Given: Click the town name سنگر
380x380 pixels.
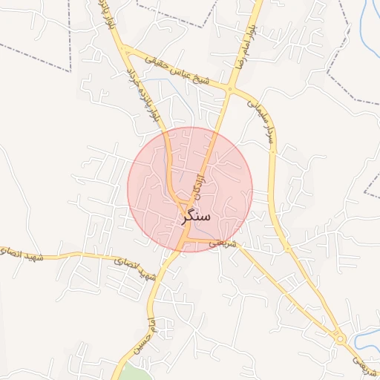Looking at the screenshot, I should pyautogui.click(x=195, y=217).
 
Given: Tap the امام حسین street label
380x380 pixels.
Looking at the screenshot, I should pyautogui.click(x=143, y=334).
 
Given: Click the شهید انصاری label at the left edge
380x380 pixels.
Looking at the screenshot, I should pyautogui.click(x=22, y=255).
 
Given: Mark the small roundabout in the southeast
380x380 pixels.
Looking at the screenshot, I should pyautogui.click(x=340, y=338).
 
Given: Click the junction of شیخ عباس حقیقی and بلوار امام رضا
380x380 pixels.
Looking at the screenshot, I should pyautogui.click(x=230, y=90).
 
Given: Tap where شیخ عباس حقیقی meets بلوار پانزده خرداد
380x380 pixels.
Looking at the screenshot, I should pyautogui.click(x=128, y=51).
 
